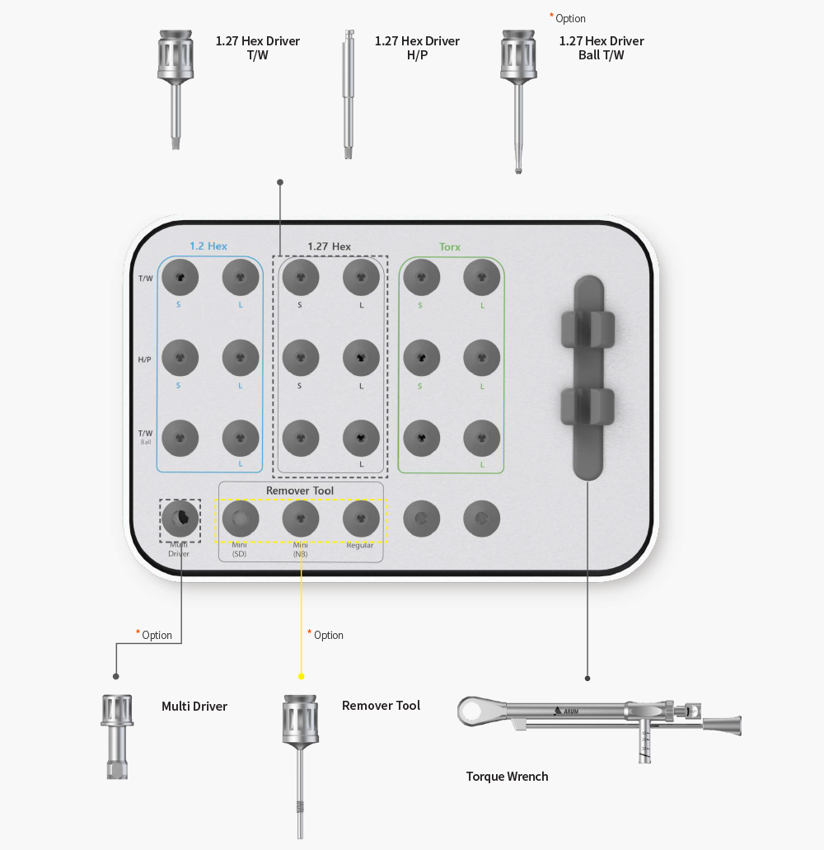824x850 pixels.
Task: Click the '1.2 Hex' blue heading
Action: tap(208, 247)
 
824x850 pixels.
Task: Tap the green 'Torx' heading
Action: tap(450, 247)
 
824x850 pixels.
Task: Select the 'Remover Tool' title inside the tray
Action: tap(300, 491)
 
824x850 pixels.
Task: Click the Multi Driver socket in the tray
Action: tap(180, 519)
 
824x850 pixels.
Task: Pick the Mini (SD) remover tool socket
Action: tap(241, 519)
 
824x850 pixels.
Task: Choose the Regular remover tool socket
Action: tap(361, 519)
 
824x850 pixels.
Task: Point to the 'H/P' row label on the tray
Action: tap(144, 359)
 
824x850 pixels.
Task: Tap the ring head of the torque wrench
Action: tap(471, 711)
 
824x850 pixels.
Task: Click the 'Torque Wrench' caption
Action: tap(507, 777)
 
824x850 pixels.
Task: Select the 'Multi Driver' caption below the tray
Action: tap(194, 707)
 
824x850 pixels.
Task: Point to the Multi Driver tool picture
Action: tap(117, 737)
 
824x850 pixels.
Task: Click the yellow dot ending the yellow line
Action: tap(302, 677)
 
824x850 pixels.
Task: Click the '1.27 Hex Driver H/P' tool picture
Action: tap(349, 94)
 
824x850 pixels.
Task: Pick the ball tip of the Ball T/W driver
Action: tap(518, 170)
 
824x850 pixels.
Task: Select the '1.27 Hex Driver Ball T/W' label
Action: tap(602, 49)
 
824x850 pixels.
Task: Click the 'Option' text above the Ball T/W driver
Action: tap(570, 18)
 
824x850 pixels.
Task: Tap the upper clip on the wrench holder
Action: tap(588, 328)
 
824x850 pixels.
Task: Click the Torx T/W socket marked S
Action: tap(421, 277)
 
